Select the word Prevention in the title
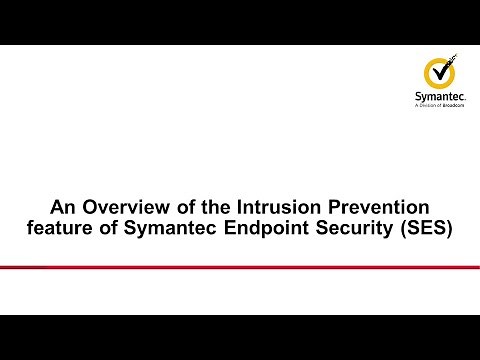[369, 209]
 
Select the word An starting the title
[62, 209]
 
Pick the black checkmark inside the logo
[443, 71]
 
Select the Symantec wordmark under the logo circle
[441, 97]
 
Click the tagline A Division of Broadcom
[441, 106]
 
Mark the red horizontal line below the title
[240, 266]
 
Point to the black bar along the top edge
[240, 22]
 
